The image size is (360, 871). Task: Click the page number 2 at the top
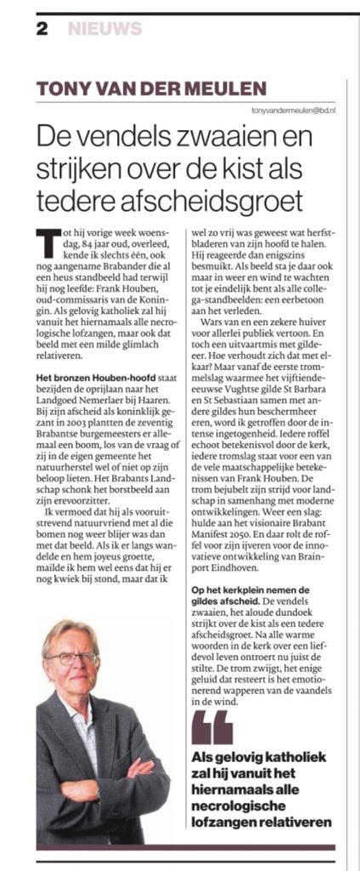41,29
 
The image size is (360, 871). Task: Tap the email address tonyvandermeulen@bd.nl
294,111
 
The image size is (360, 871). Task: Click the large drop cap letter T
48,242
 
